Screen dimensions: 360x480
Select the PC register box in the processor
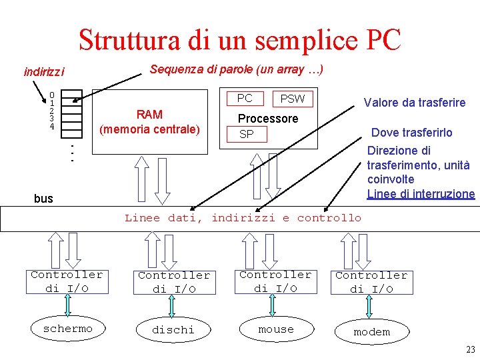click(245, 98)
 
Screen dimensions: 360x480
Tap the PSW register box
click(292, 99)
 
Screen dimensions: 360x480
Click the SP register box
click(246, 134)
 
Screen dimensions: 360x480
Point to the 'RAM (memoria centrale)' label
click(149, 121)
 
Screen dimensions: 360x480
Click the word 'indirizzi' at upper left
click(44, 71)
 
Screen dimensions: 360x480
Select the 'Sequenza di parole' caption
click(237, 69)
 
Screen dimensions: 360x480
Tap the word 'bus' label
click(43, 198)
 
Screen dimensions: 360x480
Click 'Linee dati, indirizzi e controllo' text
click(243, 217)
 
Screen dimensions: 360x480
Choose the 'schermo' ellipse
click(67, 329)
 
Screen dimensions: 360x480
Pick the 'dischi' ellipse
click(173, 329)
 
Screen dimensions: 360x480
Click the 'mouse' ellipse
click(276, 329)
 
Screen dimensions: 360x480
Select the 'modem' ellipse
click(371, 331)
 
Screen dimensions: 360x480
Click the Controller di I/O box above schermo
click(67, 281)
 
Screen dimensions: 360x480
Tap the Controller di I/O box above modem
click(371, 282)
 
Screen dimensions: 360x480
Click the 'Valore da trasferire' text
click(414, 102)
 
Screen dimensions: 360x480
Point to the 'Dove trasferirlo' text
click(411, 132)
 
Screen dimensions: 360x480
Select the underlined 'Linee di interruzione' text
click(421, 193)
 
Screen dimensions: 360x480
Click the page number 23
click(471, 350)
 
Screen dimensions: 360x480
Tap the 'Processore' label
click(268, 118)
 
